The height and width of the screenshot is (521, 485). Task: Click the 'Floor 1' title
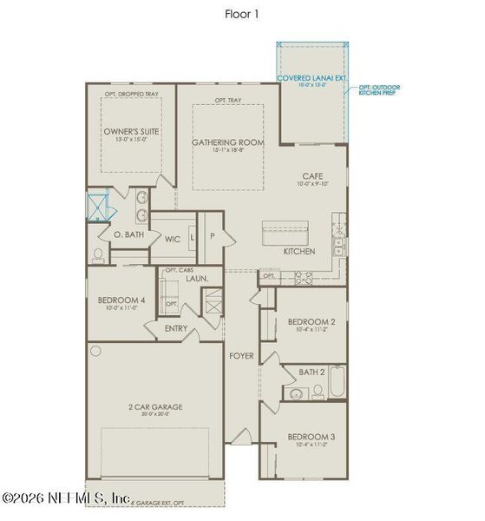pyautogui.click(x=242, y=14)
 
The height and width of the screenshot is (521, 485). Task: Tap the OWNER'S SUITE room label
pyautogui.click(x=131, y=133)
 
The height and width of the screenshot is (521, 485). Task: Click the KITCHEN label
pyautogui.click(x=299, y=251)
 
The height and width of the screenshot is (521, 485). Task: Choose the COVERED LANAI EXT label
pyautogui.click(x=311, y=77)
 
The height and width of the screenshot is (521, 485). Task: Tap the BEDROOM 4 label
pyautogui.click(x=121, y=301)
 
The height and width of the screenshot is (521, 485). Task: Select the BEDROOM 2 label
pyautogui.click(x=311, y=320)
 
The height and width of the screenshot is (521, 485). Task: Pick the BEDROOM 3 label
pyautogui.click(x=311, y=436)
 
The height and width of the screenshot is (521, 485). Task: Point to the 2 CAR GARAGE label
pyautogui.click(x=151, y=406)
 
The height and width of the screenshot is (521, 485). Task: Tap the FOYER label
pyautogui.click(x=240, y=356)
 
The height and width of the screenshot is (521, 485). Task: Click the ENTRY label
pyautogui.click(x=177, y=328)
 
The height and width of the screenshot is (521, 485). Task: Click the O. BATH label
pyautogui.click(x=128, y=235)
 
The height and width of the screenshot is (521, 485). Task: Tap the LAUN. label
pyautogui.click(x=195, y=280)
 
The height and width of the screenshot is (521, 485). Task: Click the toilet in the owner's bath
pyautogui.click(x=98, y=254)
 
